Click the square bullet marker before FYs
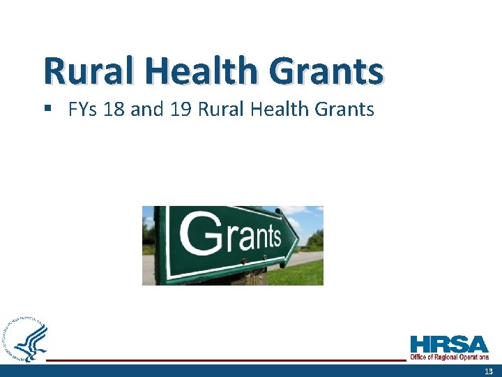point(50,110)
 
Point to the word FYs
point(84,110)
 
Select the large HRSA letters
point(449,345)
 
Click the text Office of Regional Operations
point(449,357)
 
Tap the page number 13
point(488,371)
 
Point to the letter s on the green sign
point(274,238)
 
